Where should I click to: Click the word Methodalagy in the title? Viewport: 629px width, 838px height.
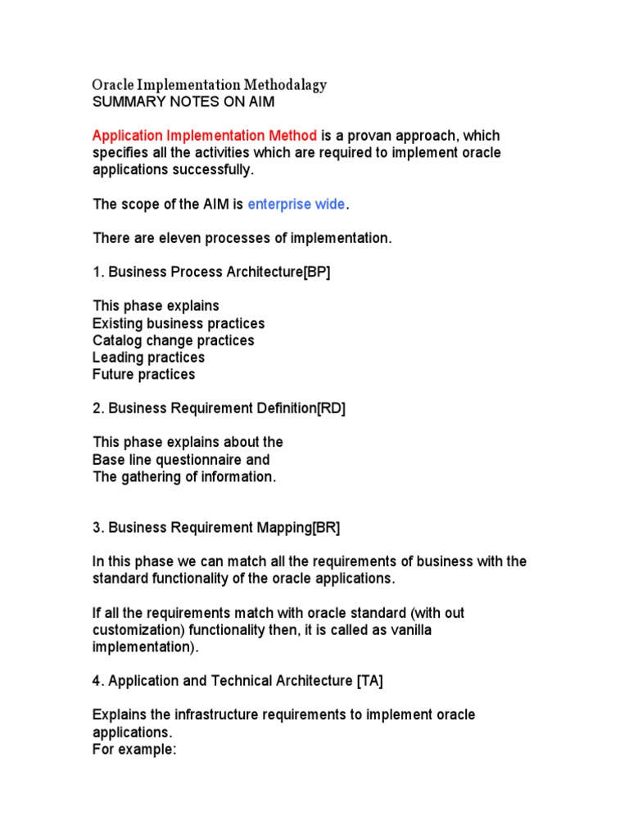tap(284, 85)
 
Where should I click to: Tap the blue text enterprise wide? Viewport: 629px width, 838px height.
tap(296, 204)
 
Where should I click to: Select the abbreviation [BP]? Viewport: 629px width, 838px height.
tap(316, 273)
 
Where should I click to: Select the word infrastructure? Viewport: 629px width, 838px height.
tap(210, 715)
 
